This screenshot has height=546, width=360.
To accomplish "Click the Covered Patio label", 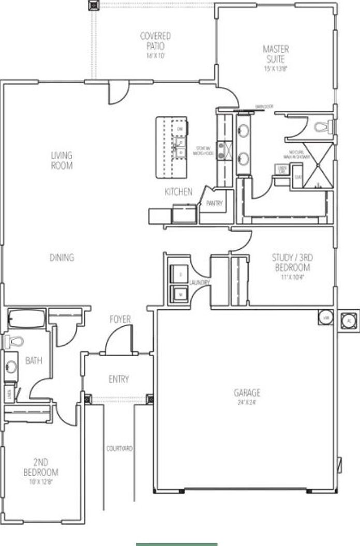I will pyautogui.click(x=155, y=41).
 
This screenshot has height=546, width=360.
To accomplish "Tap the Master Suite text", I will pyautogui.click(x=276, y=54).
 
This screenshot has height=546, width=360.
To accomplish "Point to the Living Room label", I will pyautogui.click(x=62, y=160).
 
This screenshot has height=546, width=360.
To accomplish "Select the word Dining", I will pyautogui.click(x=62, y=257).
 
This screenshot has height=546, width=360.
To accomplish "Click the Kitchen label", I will pyautogui.click(x=178, y=192).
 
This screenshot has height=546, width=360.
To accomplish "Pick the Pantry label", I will pyautogui.click(x=214, y=203).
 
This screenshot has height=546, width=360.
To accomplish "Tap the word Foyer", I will pyautogui.click(x=120, y=320).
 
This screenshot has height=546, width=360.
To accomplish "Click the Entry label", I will pyautogui.click(x=118, y=379).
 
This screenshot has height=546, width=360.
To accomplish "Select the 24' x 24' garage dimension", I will pyautogui.click(x=247, y=401).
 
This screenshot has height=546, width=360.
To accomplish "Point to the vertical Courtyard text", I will pyautogui.click(x=119, y=449).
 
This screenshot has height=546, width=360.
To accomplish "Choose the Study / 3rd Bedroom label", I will pyautogui.click(x=291, y=262).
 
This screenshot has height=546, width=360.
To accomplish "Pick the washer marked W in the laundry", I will pyautogui.click(x=181, y=294).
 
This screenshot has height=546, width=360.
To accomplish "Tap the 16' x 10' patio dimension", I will pyautogui.click(x=155, y=55).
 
